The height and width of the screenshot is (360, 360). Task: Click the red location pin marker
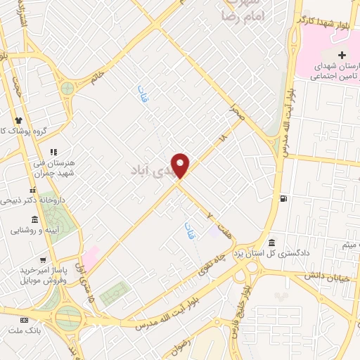click(x=181, y=165)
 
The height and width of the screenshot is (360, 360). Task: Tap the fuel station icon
click(x=282, y=198)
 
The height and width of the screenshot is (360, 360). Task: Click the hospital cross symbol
click(x=342, y=56)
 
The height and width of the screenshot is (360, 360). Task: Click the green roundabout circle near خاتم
click(x=67, y=89)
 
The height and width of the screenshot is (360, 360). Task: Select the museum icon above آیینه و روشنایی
click(x=35, y=220)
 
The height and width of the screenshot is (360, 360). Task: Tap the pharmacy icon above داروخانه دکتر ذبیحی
click(x=32, y=190)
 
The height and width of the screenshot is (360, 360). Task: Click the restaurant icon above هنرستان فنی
click(x=53, y=151)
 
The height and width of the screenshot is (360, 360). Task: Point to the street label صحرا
click(x=237, y=112)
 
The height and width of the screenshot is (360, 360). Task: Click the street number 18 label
click(x=223, y=137)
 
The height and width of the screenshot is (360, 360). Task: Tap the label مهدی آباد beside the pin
click(x=152, y=170)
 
